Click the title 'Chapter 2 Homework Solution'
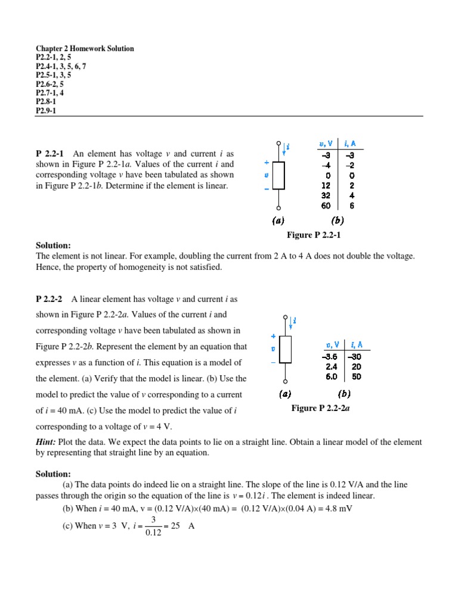(85, 48)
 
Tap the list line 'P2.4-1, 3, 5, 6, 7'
(61, 66)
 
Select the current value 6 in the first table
(352, 206)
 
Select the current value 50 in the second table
(356, 376)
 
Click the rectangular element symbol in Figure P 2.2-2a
(285, 350)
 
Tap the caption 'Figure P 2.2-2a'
(319, 408)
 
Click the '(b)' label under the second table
(345, 394)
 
